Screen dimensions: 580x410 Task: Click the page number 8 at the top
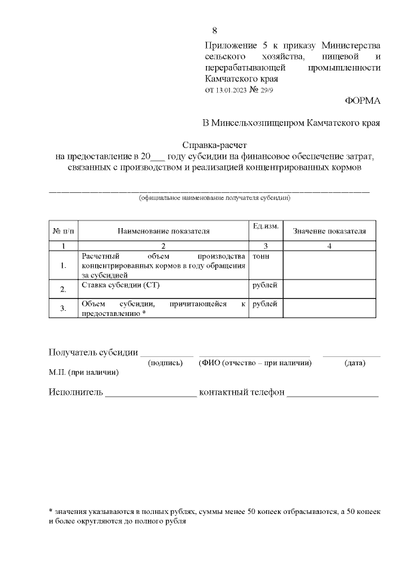click(215, 31)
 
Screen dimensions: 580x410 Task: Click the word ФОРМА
click(363, 101)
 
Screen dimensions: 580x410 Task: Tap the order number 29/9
click(265, 90)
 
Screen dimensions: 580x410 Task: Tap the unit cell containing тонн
click(261, 257)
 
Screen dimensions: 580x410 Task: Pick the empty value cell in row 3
click(329, 308)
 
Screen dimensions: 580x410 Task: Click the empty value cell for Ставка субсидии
click(329, 289)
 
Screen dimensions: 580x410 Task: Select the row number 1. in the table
click(63, 265)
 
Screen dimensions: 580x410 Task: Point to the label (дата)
click(355, 363)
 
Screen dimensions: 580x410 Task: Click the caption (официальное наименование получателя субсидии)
click(215, 198)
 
